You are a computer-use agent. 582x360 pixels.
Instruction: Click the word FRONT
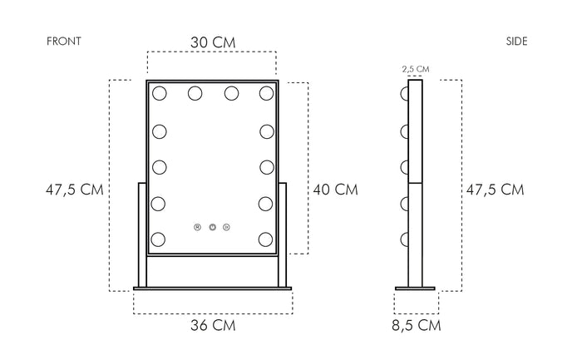point(64,42)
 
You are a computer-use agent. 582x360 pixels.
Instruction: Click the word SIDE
point(516,42)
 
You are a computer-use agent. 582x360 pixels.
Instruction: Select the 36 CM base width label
point(213,325)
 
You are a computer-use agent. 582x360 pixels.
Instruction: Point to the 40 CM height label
point(335,190)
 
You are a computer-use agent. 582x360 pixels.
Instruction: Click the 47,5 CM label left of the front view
point(74,190)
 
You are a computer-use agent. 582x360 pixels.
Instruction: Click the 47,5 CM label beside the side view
point(495,190)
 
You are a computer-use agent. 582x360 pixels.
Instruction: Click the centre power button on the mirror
point(213,225)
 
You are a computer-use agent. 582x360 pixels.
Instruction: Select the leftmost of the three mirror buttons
point(198,225)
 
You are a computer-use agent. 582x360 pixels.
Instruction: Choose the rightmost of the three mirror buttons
point(227,225)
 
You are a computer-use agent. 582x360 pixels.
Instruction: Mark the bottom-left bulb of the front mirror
point(159,239)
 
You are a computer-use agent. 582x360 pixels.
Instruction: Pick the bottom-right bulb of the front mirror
point(266,239)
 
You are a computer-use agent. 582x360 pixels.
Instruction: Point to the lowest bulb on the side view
point(404,239)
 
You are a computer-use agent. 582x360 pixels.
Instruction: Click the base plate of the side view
point(415,288)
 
